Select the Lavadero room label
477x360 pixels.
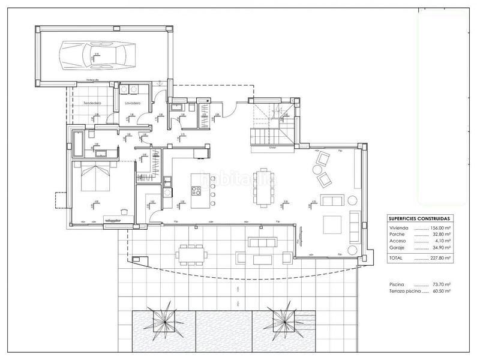click(132, 104)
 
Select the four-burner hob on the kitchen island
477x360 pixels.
click(197, 191)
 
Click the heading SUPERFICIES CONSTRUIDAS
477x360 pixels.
click(418, 219)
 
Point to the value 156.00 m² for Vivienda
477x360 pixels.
click(440, 229)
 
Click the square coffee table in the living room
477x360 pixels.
click(332, 224)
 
